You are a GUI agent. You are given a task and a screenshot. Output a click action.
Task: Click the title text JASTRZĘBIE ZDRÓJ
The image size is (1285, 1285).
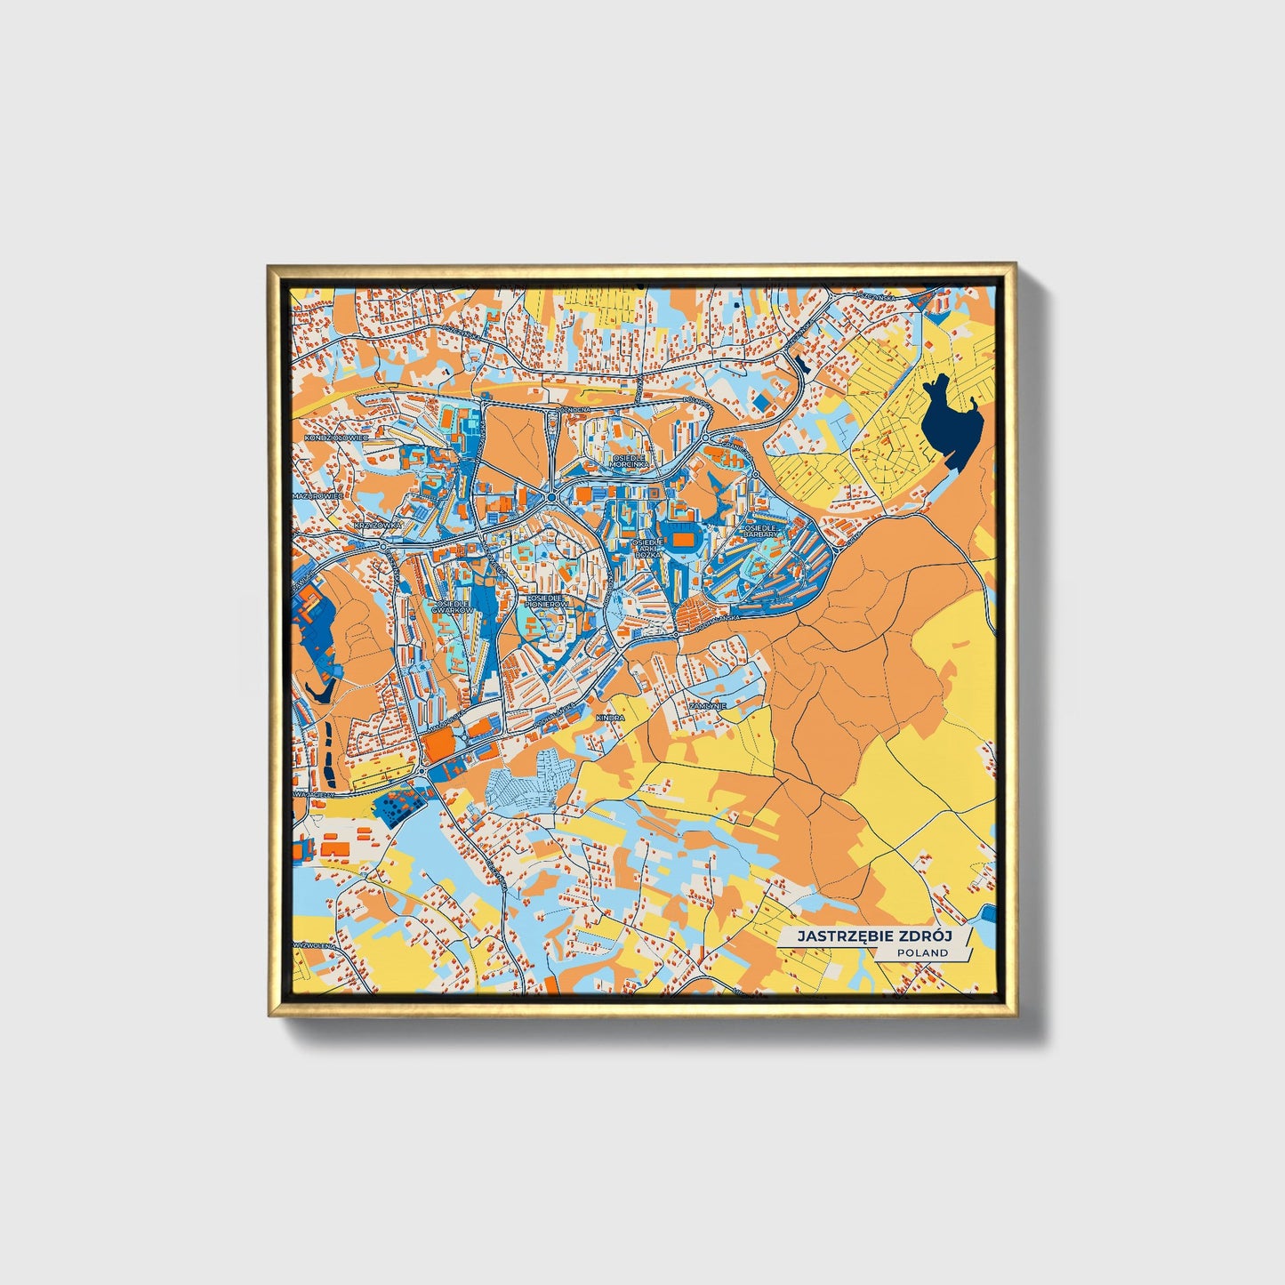[873, 936]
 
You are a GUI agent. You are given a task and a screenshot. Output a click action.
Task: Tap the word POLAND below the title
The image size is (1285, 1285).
[922, 952]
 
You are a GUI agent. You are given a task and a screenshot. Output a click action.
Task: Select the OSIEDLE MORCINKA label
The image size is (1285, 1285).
[630, 460]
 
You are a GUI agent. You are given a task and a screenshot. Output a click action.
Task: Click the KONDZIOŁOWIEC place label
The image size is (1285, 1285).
[335, 438]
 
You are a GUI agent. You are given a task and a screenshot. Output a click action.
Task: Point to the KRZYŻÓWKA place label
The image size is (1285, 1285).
[378, 525]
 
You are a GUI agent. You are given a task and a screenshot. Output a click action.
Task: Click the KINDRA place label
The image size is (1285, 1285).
[611, 718]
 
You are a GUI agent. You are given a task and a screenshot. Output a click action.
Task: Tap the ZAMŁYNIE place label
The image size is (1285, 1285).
[708, 705]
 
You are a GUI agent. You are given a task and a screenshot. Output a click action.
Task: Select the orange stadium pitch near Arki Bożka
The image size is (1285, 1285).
[685, 539]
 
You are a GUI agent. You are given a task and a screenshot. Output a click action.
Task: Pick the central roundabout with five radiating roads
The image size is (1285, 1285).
[552, 497]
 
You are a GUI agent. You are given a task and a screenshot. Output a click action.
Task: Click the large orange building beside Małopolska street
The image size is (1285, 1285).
[438, 747]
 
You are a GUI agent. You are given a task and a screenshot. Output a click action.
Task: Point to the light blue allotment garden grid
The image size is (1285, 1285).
[525, 782]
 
